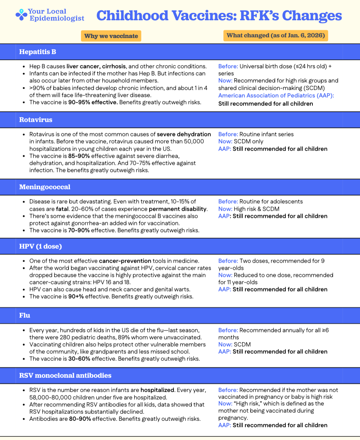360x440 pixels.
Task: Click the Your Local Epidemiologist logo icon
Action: [22, 15]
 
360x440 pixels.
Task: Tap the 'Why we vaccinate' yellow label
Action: [111, 36]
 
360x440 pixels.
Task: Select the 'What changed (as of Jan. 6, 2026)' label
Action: [276, 36]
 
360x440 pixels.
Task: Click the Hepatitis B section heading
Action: [38, 52]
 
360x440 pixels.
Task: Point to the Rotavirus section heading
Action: [36, 120]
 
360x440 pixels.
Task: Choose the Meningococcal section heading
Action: [45, 187]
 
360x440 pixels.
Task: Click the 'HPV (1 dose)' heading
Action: [40, 246]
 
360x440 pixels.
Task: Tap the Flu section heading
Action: [24, 316]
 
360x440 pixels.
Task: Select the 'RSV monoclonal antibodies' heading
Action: [65, 376]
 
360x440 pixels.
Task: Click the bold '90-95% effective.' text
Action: [93, 102]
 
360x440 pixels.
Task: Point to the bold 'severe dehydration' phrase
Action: [184, 134]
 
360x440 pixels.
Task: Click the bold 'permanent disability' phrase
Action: [178, 209]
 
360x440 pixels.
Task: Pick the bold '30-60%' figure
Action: [79, 359]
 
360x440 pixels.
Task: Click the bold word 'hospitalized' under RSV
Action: [157, 390]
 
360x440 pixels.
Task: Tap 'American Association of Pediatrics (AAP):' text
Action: [276, 96]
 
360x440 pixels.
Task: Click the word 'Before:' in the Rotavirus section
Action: [228, 134]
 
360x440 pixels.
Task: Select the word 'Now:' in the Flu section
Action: [225, 344]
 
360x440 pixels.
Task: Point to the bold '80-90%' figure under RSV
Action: [80, 419]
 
